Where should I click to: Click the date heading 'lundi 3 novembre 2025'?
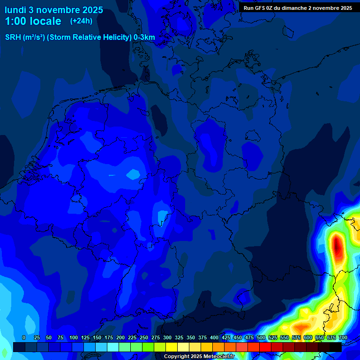[54, 10]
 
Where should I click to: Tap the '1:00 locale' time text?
[33, 21]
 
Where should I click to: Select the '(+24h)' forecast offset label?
[81, 21]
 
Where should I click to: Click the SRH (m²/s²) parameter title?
[80, 37]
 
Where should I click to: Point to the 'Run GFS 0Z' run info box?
[298, 8]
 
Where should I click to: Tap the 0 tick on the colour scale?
[24, 338]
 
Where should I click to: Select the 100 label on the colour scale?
[73, 338]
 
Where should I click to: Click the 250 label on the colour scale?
[143, 338]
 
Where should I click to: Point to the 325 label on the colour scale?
[179, 338]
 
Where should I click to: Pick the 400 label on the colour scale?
[214, 338]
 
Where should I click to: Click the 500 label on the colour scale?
[261, 338]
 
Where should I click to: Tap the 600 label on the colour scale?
[308, 338]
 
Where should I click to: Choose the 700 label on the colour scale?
[343, 338]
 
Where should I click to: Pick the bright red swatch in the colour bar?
[254, 347]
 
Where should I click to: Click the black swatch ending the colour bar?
[336, 347]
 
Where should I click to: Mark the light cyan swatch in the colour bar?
[113, 347]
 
